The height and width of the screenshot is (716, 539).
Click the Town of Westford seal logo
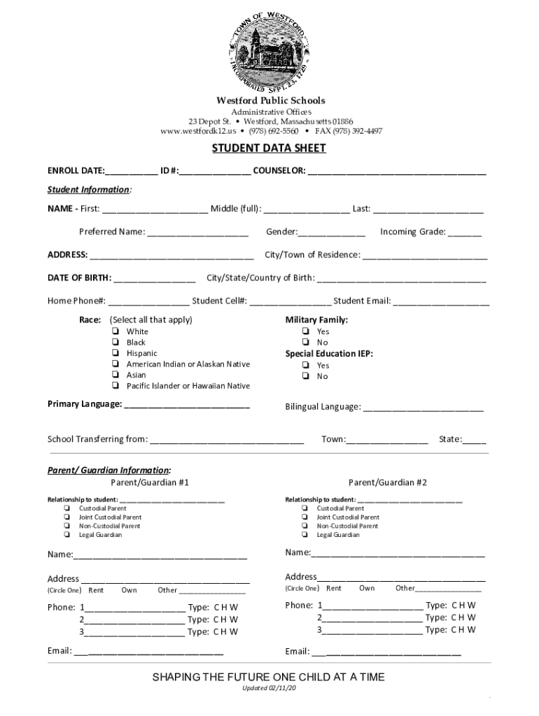tap(269, 50)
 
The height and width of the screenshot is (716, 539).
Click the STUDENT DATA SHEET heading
tap(269, 149)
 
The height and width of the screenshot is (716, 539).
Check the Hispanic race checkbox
tap(115, 353)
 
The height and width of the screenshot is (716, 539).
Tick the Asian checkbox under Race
tap(115, 375)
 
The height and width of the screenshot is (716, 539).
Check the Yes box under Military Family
tap(306, 331)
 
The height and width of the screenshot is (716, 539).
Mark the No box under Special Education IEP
tap(306, 376)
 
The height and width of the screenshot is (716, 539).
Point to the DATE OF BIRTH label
tap(79, 278)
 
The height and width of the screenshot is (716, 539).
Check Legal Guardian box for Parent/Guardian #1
tap(66, 535)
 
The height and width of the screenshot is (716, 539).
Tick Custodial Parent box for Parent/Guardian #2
tap(305, 508)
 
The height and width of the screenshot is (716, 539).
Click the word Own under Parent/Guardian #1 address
tap(129, 590)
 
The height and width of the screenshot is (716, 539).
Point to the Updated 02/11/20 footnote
tap(269, 689)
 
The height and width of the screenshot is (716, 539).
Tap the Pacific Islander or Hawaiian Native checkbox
tap(115, 386)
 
